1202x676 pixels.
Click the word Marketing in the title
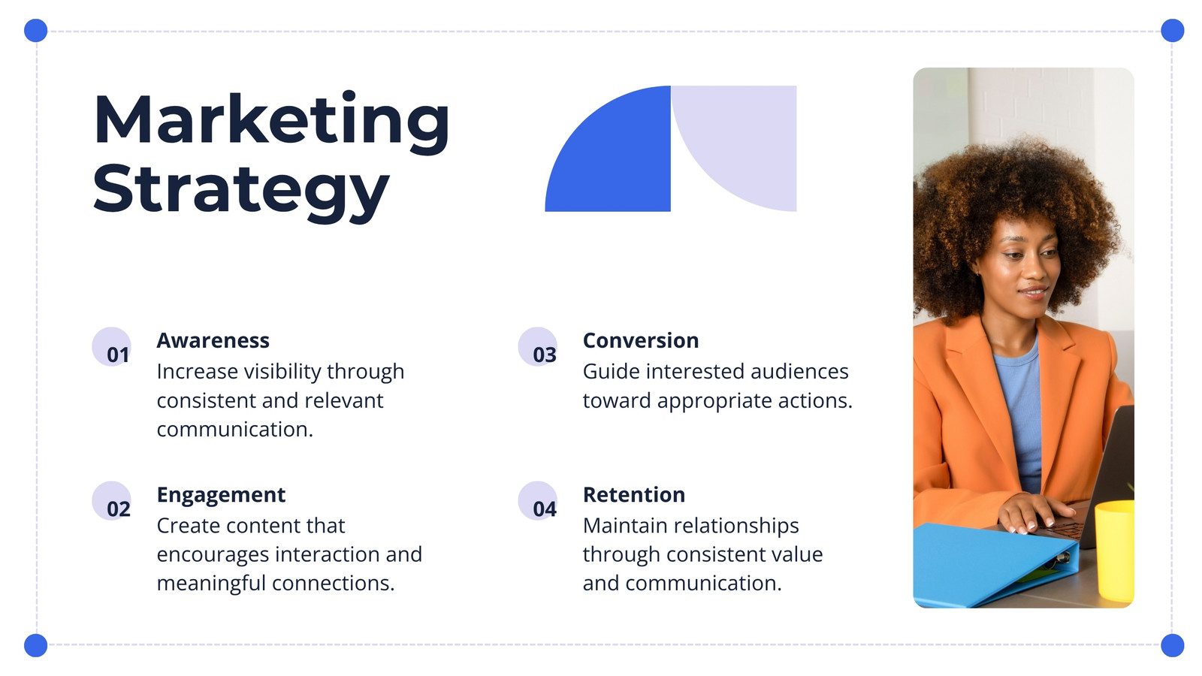271,120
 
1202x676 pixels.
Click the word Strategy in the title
241,191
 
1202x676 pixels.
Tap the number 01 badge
112,347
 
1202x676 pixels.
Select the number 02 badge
112,501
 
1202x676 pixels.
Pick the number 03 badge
538,347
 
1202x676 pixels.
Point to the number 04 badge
538,501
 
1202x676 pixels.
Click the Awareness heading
213,341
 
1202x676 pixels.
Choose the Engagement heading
221,496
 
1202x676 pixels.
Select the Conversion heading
641,341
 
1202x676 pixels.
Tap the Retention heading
634,495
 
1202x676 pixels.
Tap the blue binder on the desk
992,566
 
